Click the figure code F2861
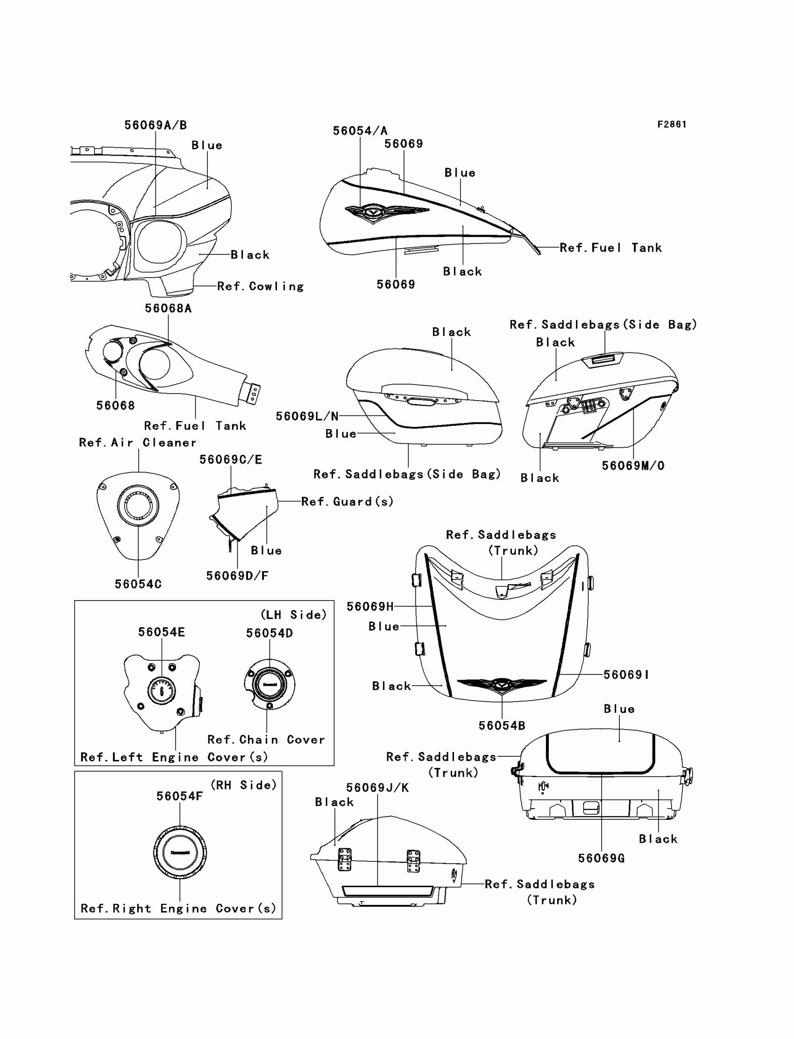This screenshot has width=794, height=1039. click(672, 124)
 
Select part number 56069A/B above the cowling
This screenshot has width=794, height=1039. click(156, 125)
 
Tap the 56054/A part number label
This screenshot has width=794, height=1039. click(360, 131)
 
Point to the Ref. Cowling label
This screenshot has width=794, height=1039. click(260, 287)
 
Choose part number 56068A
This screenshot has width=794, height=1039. click(168, 308)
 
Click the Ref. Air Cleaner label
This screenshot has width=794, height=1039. click(137, 443)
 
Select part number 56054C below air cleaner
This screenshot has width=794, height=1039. click(138, 584)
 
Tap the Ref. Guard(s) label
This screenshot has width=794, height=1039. click(347, 502)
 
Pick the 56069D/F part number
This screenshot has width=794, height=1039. click(237, 575)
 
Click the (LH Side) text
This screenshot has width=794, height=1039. click(293, 615)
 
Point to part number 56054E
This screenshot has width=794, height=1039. click(162, 632)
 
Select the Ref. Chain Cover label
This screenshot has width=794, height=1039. click(266, 740)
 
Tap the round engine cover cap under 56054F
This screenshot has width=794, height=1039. click(180, 853)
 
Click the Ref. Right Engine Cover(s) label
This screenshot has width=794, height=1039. click(178, 909)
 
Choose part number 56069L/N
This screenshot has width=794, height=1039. click(307, 416)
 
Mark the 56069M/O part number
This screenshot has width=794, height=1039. click(633, 466)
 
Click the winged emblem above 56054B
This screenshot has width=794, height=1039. click(502, 684)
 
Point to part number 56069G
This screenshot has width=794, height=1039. click(601, 858)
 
